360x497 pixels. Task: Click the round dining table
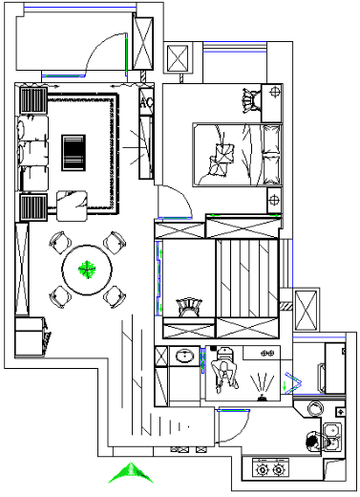point(87,270)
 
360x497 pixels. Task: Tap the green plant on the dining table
point(87,270)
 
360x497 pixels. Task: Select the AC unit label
point(146,102)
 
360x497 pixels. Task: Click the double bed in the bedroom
point(238,155)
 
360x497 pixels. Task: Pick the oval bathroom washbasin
point(185,356)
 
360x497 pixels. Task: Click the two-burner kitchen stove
point(270,467)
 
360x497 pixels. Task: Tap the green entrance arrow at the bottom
point(131,473)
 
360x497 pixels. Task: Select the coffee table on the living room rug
point(74,153)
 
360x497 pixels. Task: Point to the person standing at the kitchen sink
point(314,442)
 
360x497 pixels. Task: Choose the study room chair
point(190,307)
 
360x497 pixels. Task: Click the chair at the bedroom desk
point(251,100)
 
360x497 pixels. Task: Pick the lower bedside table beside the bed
point(274,200)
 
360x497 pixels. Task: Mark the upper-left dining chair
point(60,243)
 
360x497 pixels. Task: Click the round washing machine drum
point(315,408)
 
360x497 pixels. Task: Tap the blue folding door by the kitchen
point(293,382)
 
